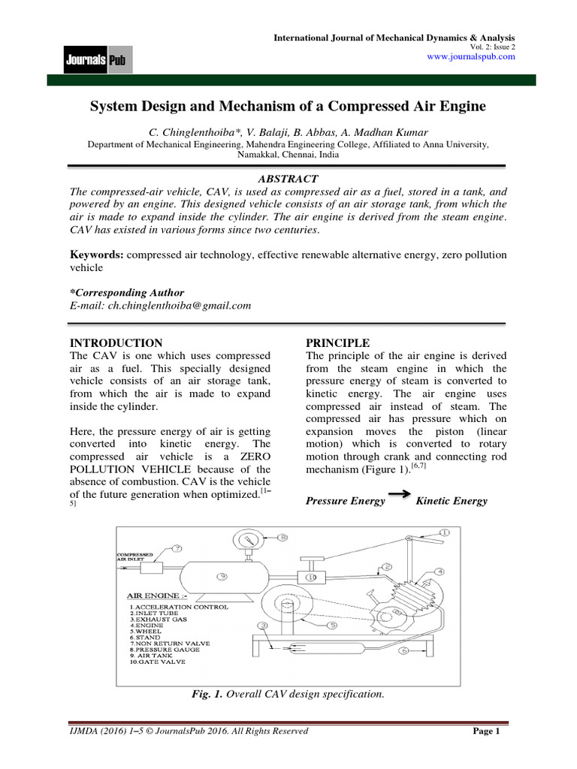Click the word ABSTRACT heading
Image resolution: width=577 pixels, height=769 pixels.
288,179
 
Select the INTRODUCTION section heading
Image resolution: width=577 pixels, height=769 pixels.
115,342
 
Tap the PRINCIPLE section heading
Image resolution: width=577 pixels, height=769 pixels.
337,342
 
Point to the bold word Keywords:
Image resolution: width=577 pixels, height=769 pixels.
97,255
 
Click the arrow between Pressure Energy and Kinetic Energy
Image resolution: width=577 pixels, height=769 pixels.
401,498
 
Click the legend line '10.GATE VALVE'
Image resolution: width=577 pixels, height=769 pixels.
159,662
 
